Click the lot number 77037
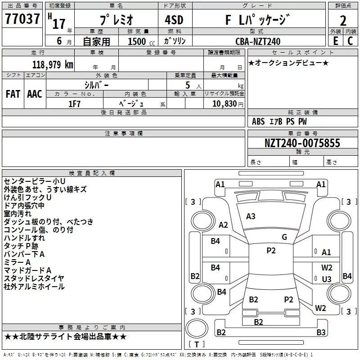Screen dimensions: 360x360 tap(22, 18)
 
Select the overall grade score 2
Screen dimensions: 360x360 tap(343, 21)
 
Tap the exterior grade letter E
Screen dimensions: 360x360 tap(336, 41)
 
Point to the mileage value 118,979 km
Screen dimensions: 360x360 tap(53, 65)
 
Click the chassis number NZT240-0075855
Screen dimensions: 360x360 tap(302, 143)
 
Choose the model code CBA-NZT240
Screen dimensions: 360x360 tap(258, 41)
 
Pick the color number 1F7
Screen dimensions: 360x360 tap(74, 104)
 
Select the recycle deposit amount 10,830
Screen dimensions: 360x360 tap(225, 104)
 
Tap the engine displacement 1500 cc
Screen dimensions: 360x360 tap(141, 41)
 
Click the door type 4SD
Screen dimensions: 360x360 tap(174, 20)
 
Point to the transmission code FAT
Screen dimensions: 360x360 tap(13, 94)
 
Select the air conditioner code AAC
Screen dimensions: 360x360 tap(35, 94)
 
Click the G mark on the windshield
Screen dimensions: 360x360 tap(284, 237)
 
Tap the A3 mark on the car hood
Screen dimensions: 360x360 tap(251, 216)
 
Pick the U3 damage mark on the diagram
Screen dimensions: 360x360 tap(327, 279)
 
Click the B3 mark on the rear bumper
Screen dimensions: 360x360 tap(321, 332)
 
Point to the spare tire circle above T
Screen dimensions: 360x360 tap(197, 328)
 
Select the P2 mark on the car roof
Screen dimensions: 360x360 tap(271, 251)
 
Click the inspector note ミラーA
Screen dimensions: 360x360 tap(17, 262)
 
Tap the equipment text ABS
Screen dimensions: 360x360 tap(258, 121)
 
